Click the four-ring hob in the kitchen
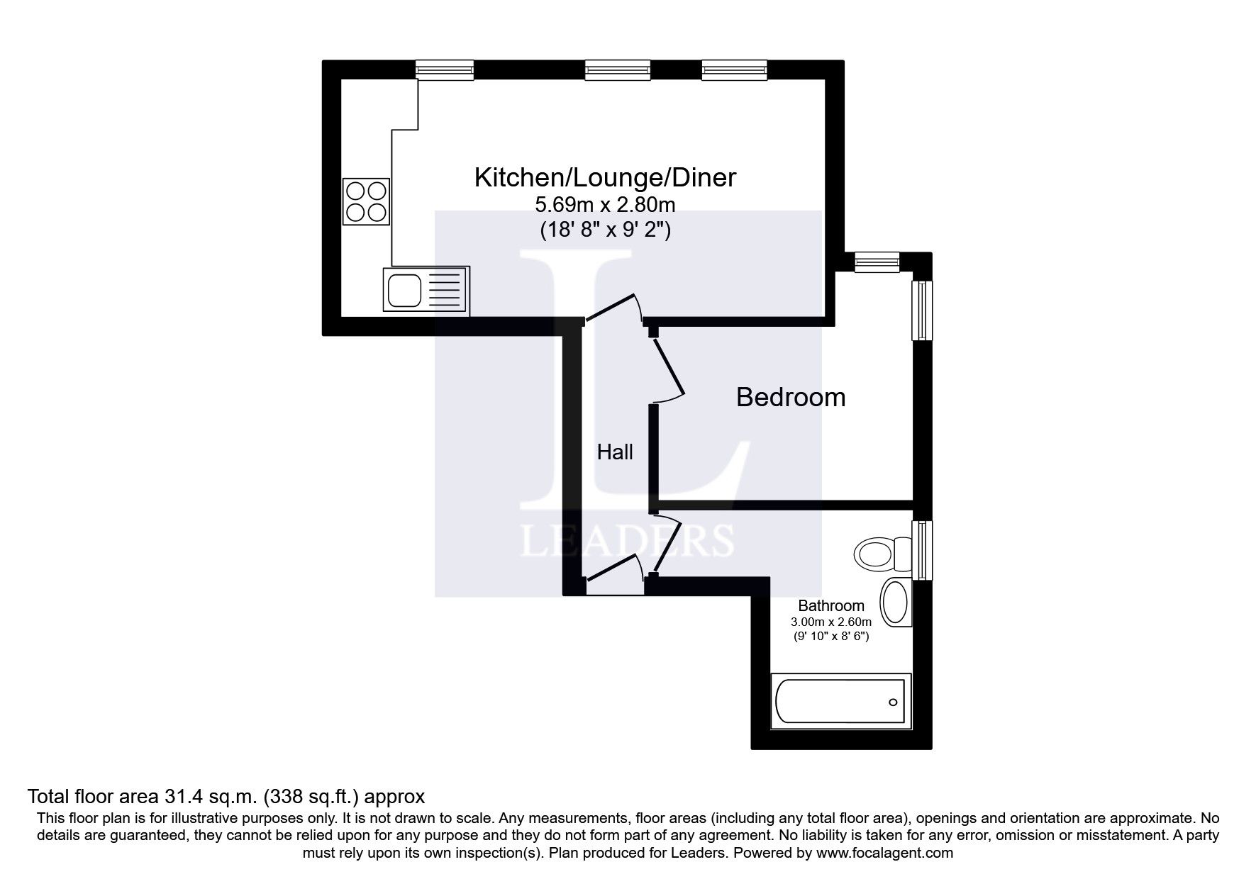(367, 201)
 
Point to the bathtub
(840, 701)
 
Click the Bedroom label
(791, 397)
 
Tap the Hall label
(615, 452)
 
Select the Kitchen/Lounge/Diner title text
(605, 177)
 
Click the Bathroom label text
(831, 606)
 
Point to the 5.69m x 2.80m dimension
(605, 206)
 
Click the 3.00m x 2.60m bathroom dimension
(831, 622)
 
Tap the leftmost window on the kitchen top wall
(445, 69)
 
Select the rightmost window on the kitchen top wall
(734, 69)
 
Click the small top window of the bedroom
(877, 262)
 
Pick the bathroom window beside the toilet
(921, 550)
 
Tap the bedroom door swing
(669, 369)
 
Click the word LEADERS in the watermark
(627, 541)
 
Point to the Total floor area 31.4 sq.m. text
(226, 795)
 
